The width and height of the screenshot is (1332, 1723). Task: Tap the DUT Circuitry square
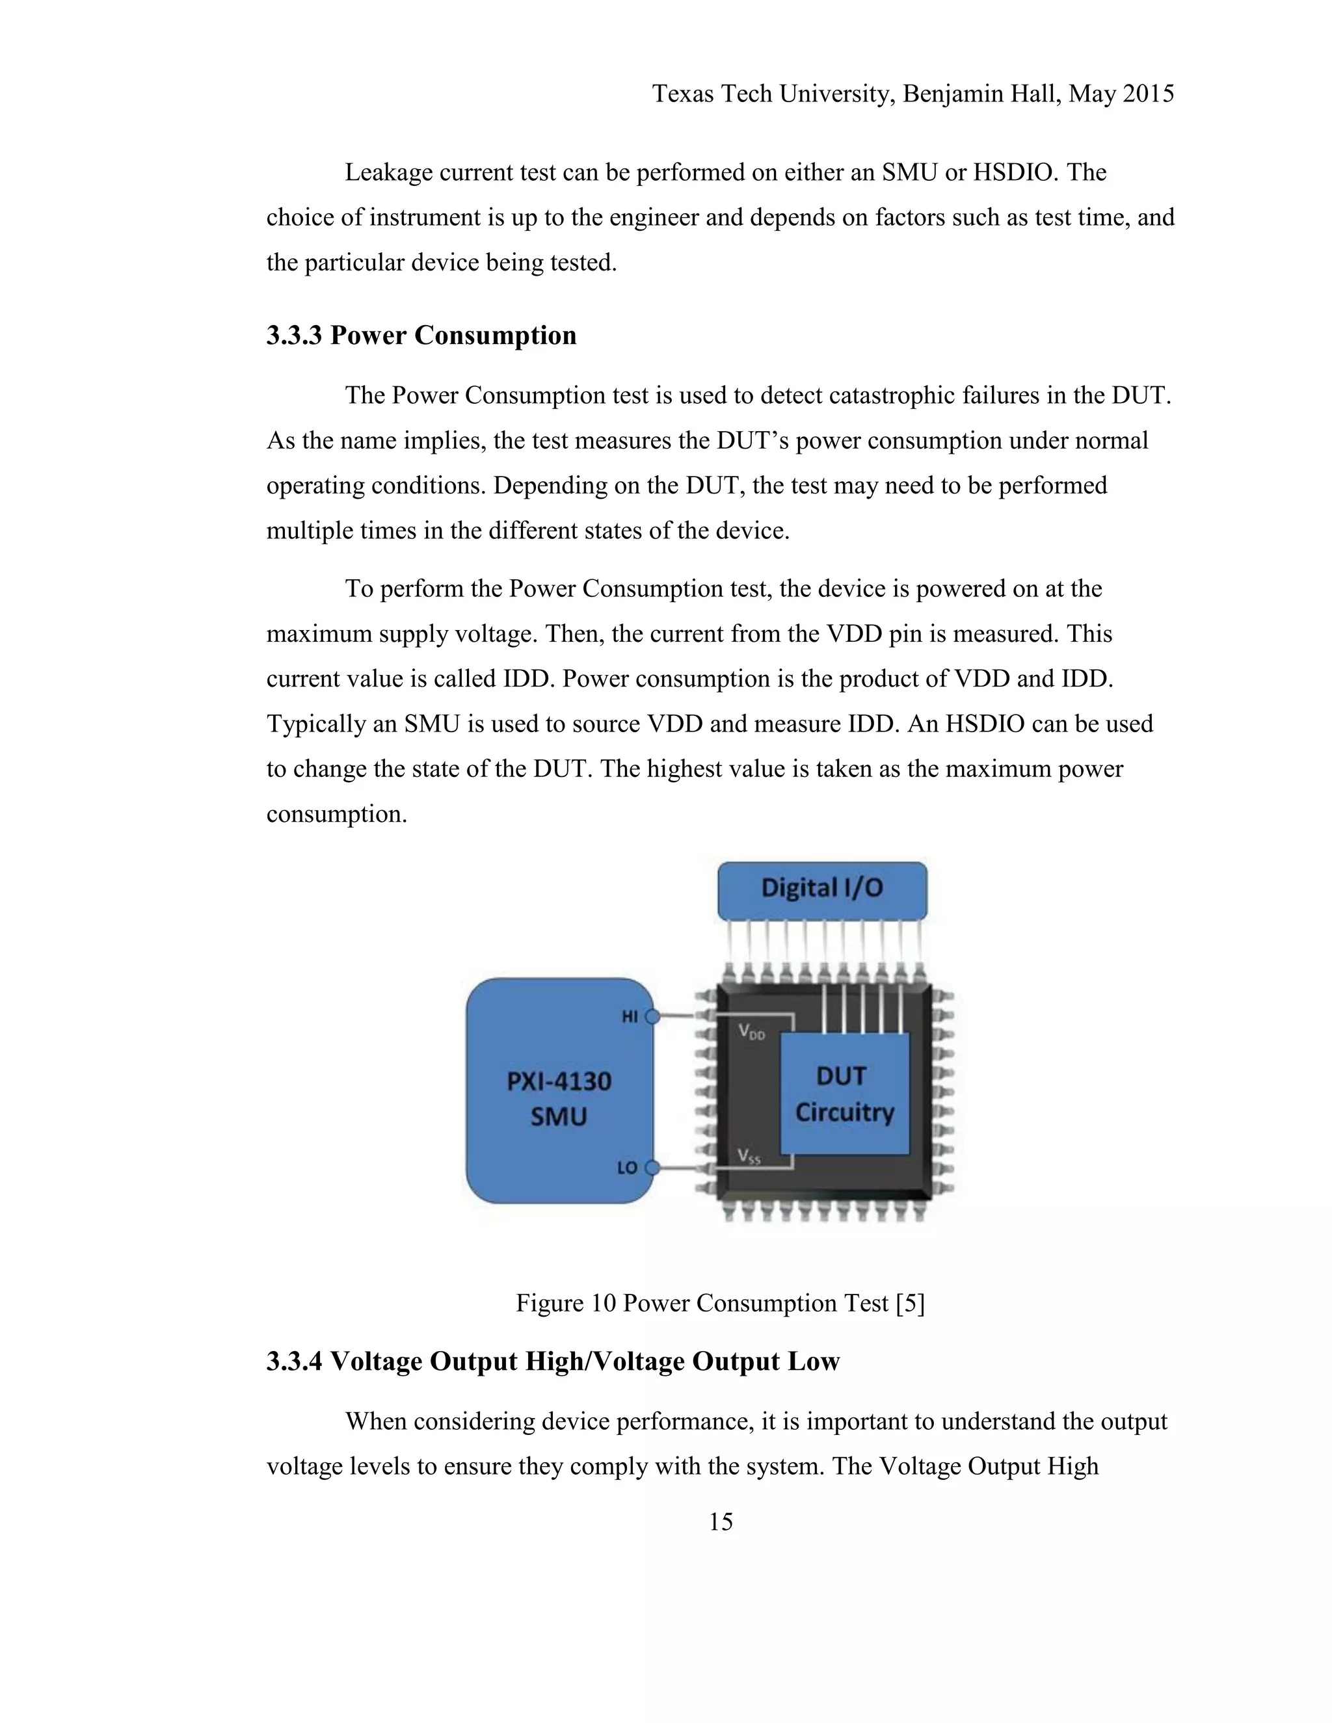[x=844, y=1094]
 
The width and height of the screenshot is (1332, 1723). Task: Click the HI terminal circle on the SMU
[x=652, y=1017]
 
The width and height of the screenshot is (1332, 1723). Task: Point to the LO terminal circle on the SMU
[x=652, y=1168]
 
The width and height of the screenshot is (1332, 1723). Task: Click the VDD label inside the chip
[x=751, y=1031]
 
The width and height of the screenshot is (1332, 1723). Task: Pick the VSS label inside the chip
[x=749, y=1157]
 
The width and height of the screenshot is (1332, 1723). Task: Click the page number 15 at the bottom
[x=721, y=1522]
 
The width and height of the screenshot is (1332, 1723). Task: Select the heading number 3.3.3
[x=295, y=335]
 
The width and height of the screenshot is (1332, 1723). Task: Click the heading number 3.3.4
[x=295, y=1361]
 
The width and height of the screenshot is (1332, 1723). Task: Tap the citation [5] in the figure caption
[x=911, y=1302]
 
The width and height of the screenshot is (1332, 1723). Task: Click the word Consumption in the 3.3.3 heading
[x=496, y=335]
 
